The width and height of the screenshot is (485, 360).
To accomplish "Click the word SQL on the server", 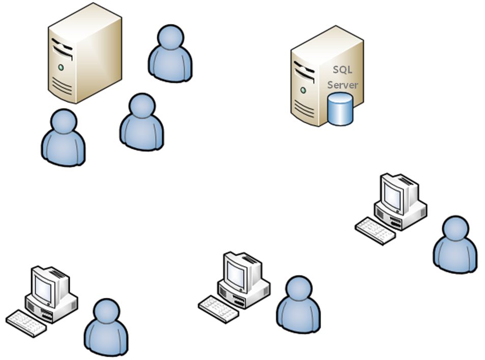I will (343, 70).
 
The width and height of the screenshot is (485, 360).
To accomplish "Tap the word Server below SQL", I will (343, 85).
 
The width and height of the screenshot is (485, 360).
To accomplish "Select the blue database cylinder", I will (340, 108).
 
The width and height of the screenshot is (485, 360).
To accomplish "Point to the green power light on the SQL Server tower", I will (303, 90).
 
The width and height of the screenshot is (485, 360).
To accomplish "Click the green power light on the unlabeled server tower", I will (61, 67).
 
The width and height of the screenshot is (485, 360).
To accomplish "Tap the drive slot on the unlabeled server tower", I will (61, 49).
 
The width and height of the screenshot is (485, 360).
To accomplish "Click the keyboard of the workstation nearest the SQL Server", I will (375, 231).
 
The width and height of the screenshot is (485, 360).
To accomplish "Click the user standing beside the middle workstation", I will (299, 305).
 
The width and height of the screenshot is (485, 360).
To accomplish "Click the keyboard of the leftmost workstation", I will (26, 323).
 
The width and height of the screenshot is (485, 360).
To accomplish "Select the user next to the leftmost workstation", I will (106, 327).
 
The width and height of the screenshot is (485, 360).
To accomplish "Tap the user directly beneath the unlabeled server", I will (63, 137).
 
